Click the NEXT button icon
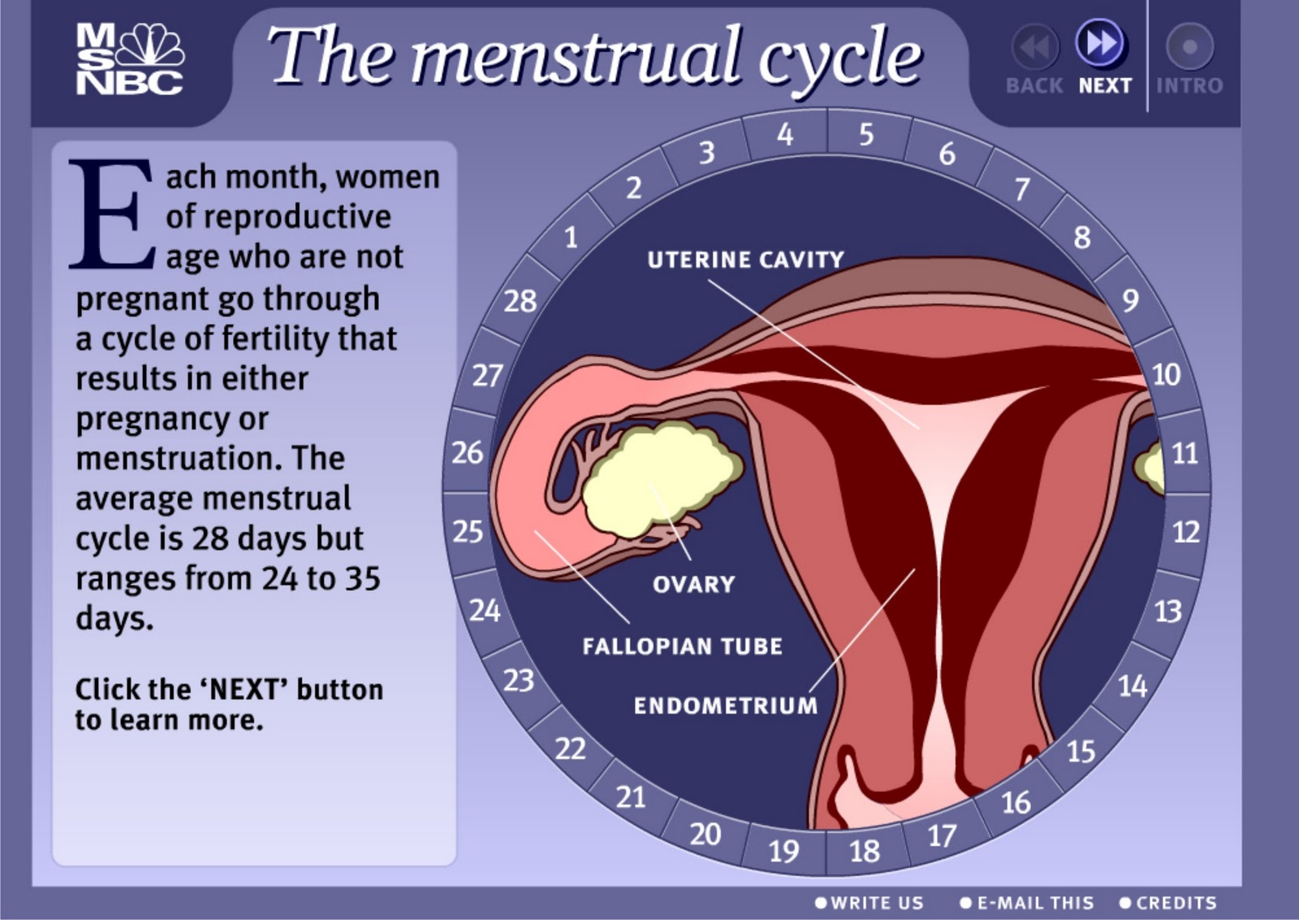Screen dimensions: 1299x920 click(1099, 43)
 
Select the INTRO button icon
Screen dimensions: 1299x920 click(1189, 45)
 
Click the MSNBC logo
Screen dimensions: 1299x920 click(131, 58)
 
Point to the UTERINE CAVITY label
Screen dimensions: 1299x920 click(746, 259)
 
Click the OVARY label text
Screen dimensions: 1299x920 click(693, 584)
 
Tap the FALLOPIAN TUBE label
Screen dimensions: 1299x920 click(683, 646)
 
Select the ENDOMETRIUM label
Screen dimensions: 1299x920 click(726, 706)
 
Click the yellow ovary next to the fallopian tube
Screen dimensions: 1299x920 click(661, 479)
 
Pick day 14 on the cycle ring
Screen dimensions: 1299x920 click(1133, 687)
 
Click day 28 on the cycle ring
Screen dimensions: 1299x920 click(520, 301)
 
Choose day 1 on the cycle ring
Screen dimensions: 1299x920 click(572, 237)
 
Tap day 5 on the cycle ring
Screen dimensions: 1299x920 click(866, 135)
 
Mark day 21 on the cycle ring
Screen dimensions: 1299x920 click(630, 797)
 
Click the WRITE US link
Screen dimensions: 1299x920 click(870, 903)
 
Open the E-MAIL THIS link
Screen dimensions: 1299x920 click(1026, 903)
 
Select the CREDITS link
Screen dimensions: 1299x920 click(1168, 903)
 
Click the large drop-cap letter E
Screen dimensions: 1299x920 click(112, 214)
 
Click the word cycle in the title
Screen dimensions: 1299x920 click(839, 61)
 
